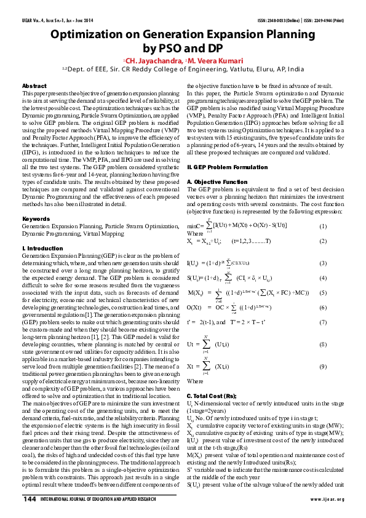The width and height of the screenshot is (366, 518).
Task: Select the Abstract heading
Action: coord(34,86)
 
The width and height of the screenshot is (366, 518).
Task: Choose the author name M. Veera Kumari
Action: coord(212,60)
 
